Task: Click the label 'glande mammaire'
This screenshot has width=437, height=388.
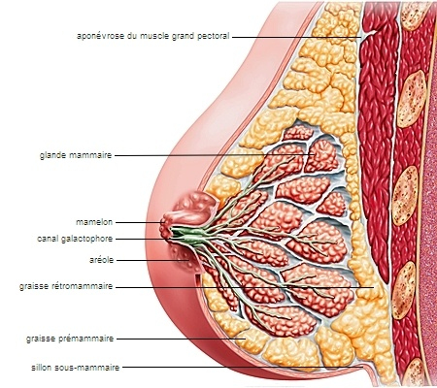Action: tap(76, 155)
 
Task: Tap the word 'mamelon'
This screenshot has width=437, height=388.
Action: tap(94, 222)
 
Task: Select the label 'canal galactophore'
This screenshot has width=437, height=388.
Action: tap(75, 239)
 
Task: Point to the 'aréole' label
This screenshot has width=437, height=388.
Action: tap(101, 260)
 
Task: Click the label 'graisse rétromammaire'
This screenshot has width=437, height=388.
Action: tap(66, 286)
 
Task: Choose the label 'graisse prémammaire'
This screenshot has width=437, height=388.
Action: tap(70, 339)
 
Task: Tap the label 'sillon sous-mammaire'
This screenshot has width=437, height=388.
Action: tap(76, 368)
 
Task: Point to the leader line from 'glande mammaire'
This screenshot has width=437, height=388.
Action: tap(215, 155)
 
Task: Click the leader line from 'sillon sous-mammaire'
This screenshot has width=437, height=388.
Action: tap(244, 368)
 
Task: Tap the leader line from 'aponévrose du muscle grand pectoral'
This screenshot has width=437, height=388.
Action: tap(297, 37)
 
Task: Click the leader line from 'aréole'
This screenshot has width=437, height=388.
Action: tap(152, 260)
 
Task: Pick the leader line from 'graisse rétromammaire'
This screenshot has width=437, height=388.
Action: tap(245, 287)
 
